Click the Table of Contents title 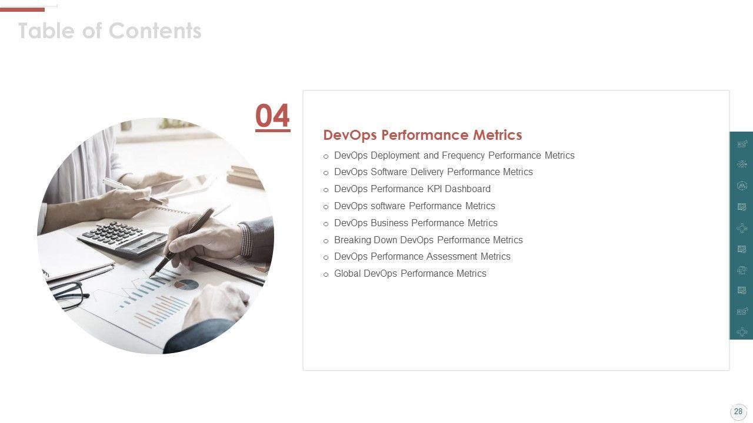[109, 31]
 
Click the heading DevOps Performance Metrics [422, 135]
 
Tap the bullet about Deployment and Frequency [454, 156]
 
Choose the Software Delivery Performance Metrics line [434, 172]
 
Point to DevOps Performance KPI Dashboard [412, 189]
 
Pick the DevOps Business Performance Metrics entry [416, 223]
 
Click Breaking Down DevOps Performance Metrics [428, 240]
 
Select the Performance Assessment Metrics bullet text [422, 257]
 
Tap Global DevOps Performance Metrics [410, 274]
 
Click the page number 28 [738, 412]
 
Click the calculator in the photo [124, 239]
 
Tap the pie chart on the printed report [186, 284]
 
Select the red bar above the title [22, 10]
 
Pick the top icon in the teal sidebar [742, 144]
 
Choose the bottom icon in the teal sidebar [742, 332]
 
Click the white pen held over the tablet [134, 191]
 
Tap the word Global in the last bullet [347, 274]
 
